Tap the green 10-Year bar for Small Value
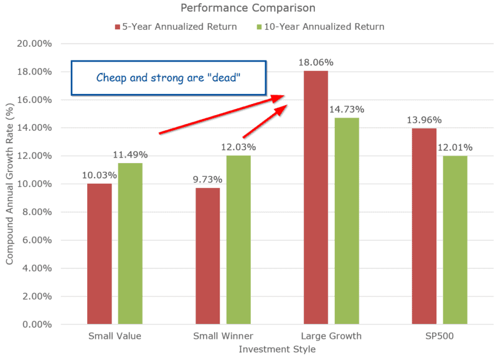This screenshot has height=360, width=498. coord(130,244)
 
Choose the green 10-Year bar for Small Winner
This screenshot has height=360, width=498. coord(238,240)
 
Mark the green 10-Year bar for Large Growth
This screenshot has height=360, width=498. coord(347,221)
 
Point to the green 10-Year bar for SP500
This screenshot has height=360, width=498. coord(455,240)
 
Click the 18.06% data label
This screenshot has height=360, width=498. coord(316,63)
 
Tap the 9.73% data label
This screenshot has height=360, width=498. coord(208,180)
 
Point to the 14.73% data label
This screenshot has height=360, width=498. coord(347,110)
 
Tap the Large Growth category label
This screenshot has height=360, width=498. coord(331,336)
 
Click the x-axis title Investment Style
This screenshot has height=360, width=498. coord(277,349)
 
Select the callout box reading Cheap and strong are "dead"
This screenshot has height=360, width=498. coord(169,78)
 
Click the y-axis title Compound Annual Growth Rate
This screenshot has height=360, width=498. coord(9,184)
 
